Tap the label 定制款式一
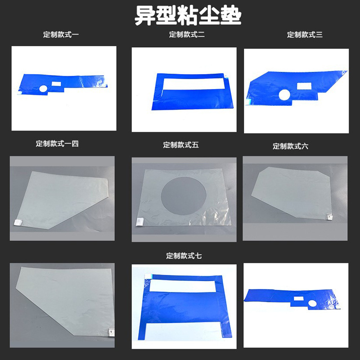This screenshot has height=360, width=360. pos(61,35)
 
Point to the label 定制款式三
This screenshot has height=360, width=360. pos(305,35)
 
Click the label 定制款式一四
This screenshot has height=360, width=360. pos(57,144)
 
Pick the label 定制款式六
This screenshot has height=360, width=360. pos(290,146)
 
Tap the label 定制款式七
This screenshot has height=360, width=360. pos(184,256)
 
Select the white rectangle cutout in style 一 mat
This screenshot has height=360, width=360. pos(56,84)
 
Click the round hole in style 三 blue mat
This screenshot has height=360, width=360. pos(284,94)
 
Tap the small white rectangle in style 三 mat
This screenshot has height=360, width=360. pos(303,86)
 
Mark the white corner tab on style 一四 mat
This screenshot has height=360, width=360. pos(19,222)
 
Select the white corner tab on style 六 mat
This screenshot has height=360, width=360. pos(329,217)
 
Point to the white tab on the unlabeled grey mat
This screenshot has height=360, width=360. pos(110,332)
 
